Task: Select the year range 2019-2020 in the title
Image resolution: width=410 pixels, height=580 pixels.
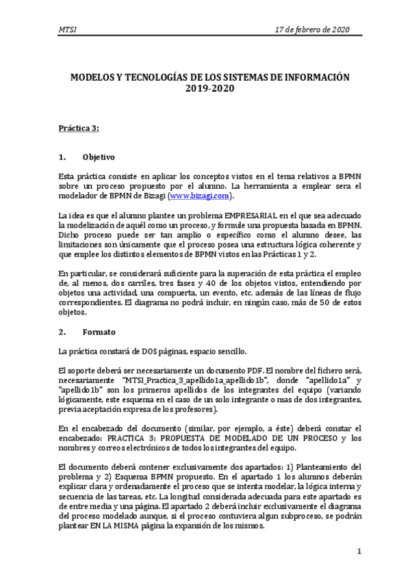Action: pos(204,89)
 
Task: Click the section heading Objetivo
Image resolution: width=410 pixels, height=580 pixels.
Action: pos(99,157)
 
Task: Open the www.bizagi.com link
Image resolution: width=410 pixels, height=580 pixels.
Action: pos(198,196)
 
